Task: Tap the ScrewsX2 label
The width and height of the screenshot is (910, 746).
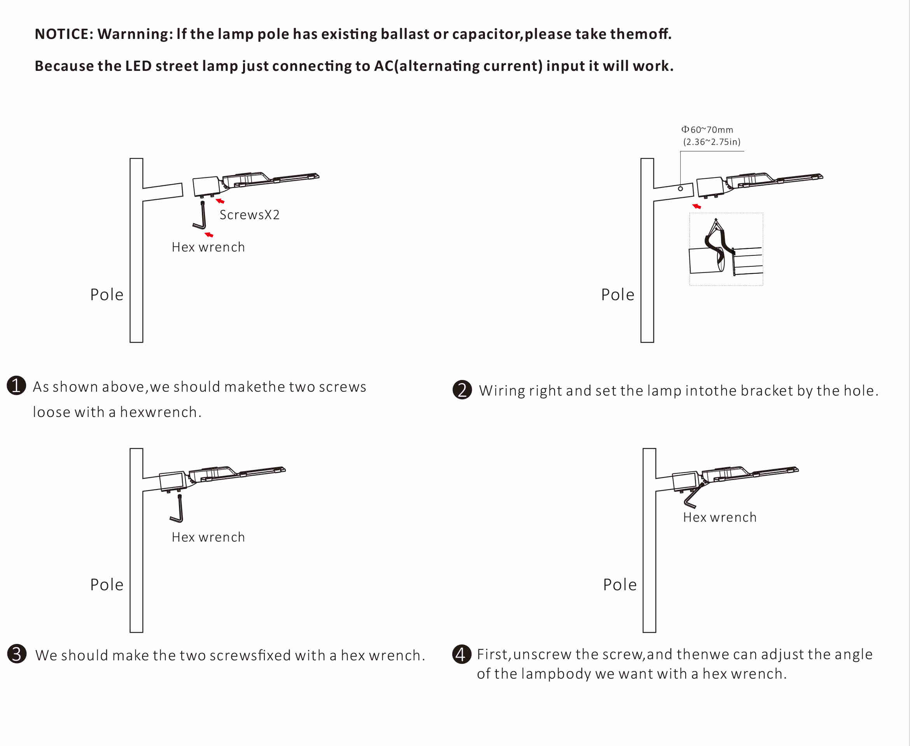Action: [249, 215]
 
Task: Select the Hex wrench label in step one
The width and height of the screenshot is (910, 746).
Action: [208, 247]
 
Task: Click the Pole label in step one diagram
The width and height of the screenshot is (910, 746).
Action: [107, 295]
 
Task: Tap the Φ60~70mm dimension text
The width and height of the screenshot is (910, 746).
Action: [707, 129]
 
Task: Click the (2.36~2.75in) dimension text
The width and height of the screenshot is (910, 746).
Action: [711, 142]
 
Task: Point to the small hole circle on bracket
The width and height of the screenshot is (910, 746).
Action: [680, 188]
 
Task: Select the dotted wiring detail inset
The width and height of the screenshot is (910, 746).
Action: [726, 249]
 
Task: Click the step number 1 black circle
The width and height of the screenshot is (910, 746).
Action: [16, 385]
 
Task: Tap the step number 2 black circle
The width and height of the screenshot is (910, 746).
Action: [462, 390]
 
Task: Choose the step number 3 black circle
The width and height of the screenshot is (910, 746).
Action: [17, 654]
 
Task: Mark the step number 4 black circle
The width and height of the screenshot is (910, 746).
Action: [462, 654]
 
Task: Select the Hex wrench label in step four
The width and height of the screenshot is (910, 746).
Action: [719, 517]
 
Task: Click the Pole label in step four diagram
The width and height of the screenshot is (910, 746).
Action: [619, 585]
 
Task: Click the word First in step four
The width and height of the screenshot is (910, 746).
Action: [493, 654]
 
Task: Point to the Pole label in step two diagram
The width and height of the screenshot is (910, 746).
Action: [617, 295]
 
